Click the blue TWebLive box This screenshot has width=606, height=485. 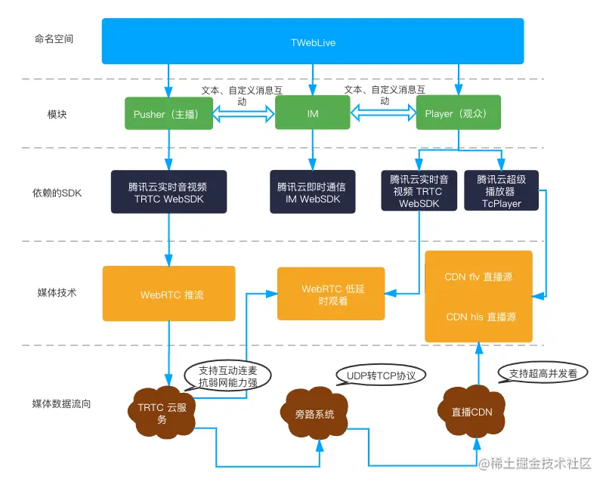pos(313,42)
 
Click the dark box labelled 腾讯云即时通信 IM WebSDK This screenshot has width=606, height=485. pos(311,193)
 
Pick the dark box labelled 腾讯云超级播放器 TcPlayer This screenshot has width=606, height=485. pos(502,191)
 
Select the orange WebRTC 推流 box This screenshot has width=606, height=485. pos(169,295)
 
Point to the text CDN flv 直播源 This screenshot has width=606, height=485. pos(478,277)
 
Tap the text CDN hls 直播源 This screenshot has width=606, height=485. pos(478,317)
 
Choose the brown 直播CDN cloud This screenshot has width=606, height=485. pos(472,412)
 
